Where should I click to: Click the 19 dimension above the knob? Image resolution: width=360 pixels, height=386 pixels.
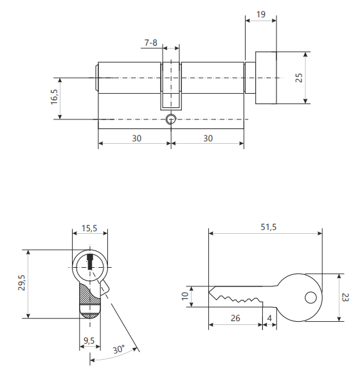[261, 14]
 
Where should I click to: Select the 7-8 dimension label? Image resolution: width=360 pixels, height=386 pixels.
[150, 42]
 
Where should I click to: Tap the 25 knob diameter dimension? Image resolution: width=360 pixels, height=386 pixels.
[299, 78]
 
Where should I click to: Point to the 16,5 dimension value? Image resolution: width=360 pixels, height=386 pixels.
[54, 97]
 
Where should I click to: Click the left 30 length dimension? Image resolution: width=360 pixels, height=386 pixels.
[137, 138]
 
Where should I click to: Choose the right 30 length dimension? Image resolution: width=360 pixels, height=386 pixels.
[208, 138]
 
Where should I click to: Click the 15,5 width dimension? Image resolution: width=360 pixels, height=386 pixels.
[89, 229]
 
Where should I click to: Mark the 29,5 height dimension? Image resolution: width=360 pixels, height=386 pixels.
[22, 283]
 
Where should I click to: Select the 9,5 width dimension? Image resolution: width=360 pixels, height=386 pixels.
[89, 340]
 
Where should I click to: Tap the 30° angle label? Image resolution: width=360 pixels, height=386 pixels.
[119, 349]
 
